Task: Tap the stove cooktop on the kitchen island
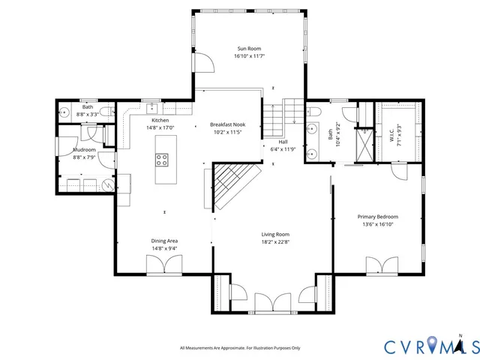[x=162, y=159]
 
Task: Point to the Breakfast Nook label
[x=227, y=124]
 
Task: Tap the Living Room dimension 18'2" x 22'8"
[x=275, y=241]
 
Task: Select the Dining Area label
[x=164, y=241]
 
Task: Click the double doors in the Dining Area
[x=164, y=265]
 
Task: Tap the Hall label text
[x=283, y=142]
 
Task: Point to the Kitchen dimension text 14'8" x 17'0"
[x=160, y=127]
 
